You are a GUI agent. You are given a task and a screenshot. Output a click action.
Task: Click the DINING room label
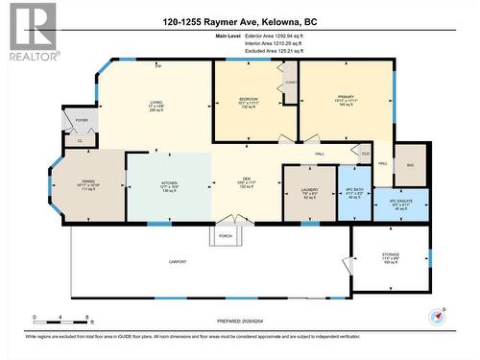(x=87, y=181)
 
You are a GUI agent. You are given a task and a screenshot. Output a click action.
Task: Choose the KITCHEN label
(x=168, y=181)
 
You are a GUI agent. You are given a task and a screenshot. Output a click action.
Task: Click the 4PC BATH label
(x=352, y=191)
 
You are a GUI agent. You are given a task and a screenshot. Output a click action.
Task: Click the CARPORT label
(x=177, y=261)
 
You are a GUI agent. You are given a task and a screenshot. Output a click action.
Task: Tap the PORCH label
(x=226, y=235)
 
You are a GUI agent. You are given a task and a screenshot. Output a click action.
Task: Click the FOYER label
(x=81, y=120)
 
